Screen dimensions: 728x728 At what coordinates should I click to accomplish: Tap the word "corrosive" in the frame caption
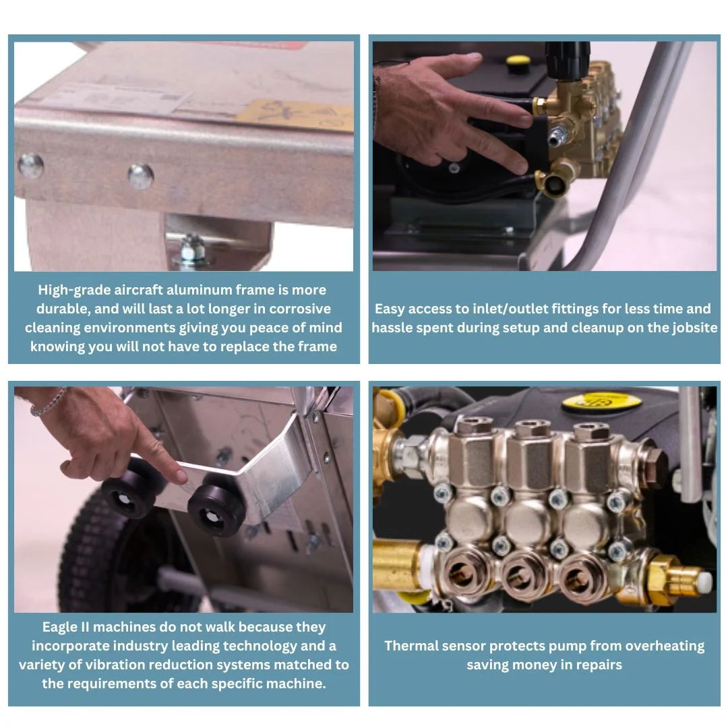(x=300, y=309)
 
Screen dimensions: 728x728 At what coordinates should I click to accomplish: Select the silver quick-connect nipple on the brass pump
(x=557, y=134)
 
